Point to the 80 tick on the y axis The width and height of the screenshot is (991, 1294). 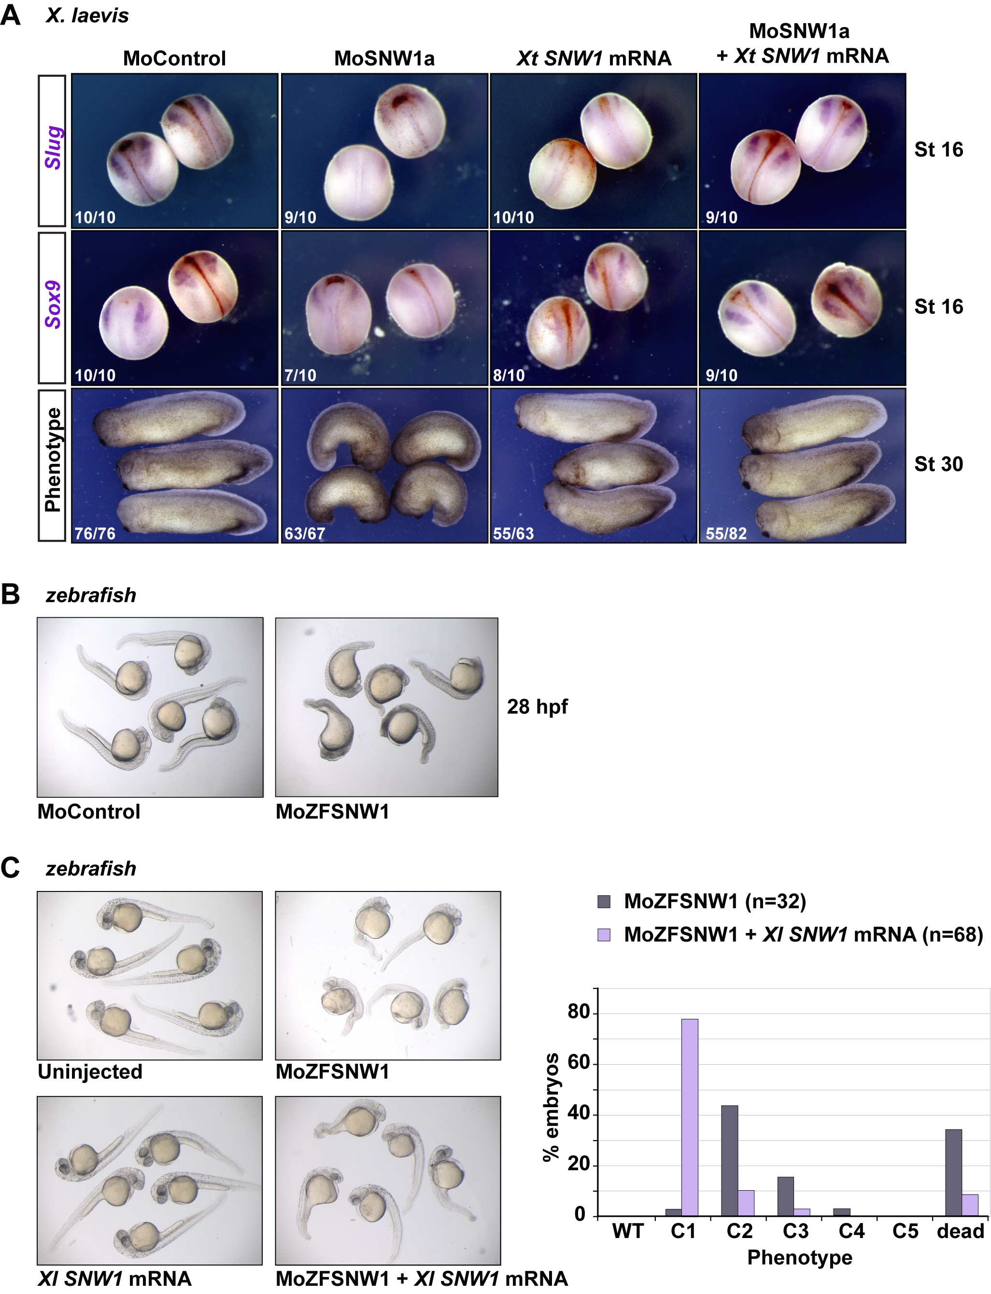click(x=578, y=1012)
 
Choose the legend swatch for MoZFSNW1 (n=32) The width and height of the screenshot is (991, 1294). click(x=604, y=902)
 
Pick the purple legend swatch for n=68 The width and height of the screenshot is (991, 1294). click(x=604, y=934)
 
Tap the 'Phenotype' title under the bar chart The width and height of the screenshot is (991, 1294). click(x=799, y=1257)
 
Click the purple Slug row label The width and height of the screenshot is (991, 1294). click(x=53, y=147)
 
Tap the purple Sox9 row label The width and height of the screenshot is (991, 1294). click(x=53, y=304)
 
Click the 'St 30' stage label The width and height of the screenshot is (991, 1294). click(x=938, y=464)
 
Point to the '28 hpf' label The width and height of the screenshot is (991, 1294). click(x=538, y=706)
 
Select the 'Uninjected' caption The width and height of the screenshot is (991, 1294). click(x=90, y=1071)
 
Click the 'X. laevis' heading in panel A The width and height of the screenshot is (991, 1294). click(x=87, y=15)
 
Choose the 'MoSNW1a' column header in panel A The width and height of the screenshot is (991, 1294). click(x=384, y=58)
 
